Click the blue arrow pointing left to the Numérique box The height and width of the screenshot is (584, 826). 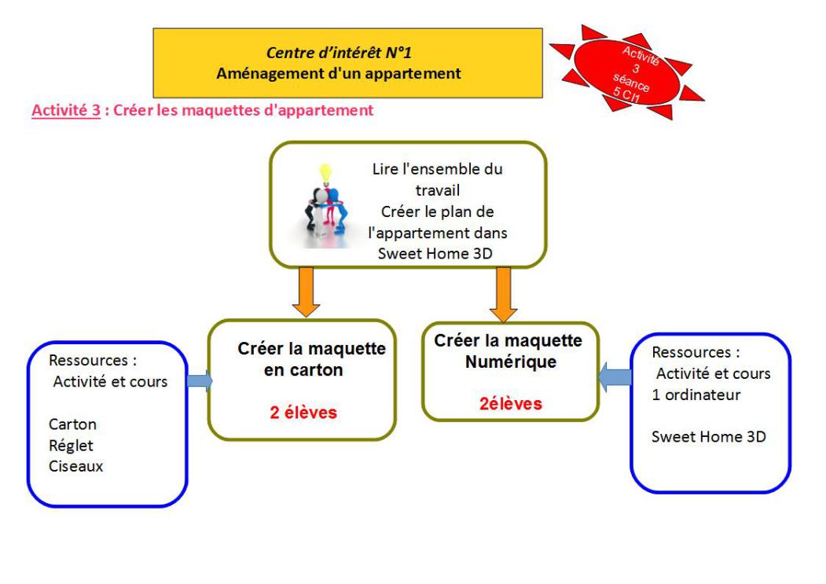615,380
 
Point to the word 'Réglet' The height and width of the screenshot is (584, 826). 69,446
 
